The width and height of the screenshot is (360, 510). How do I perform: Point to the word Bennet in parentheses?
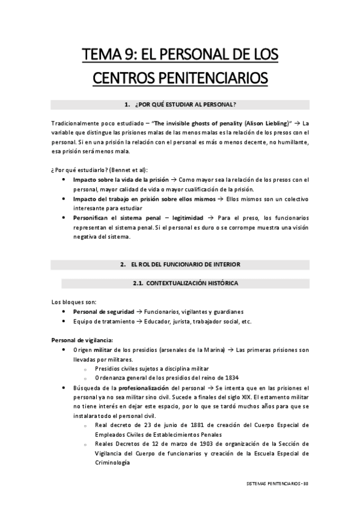click(129, 170)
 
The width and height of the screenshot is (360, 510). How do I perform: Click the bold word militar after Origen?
click(105, 349)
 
